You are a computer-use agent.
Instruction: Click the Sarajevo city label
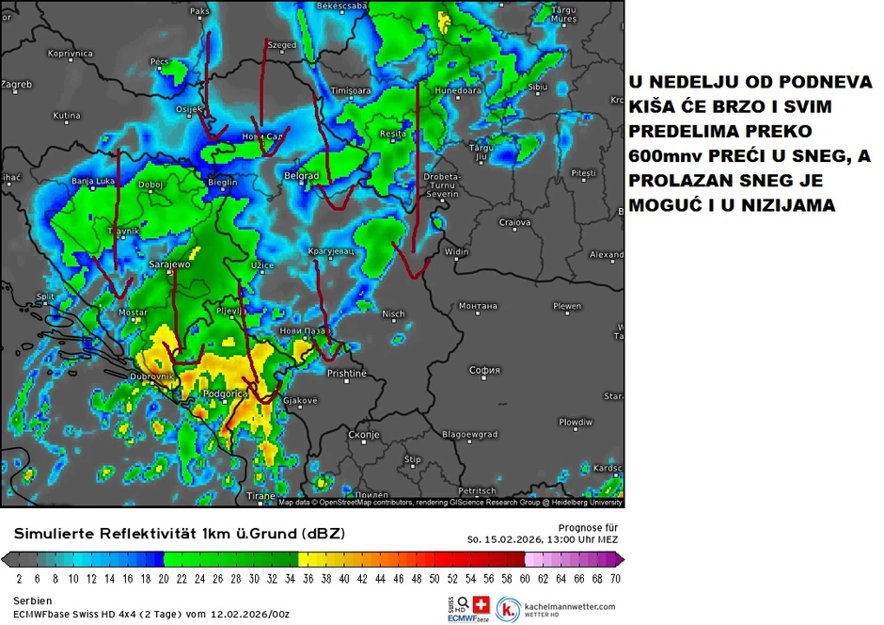click(170, 265)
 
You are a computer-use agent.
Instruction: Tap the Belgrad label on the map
click(302, 176)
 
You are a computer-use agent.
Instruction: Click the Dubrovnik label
click(152, 377)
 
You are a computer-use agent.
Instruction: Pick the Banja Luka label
click(93, 181)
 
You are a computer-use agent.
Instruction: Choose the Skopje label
click(363, 435)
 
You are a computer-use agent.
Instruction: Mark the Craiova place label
click(515, 222)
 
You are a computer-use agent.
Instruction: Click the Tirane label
click(260, 496)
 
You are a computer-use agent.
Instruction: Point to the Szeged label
click(282, 45)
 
